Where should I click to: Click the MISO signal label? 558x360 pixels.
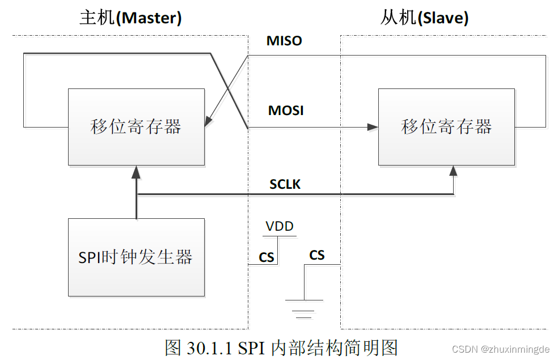[x=284, y=41]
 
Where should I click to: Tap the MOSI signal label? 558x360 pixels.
[x=286, y=111]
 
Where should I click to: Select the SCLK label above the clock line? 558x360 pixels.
[x=285, y=184]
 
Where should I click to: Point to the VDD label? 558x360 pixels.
[x=280, y=227]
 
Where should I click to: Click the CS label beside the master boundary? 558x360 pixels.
[x=267, y=257]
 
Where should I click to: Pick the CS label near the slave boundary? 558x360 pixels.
[x=317, y=255]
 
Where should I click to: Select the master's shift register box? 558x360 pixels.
[x=136, y=127]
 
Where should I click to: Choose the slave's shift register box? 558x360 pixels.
[x=446, y=127]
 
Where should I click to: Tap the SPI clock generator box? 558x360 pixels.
[x=136, y=257]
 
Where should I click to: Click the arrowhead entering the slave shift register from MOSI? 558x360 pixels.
[x=373, y=127]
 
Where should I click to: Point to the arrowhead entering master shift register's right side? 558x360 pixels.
[x=209, y=122]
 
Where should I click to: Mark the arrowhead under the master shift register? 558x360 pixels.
[x=136, y=171]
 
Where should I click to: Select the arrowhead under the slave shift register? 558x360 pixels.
[x=454, y=171]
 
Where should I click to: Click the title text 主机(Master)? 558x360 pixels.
[x=130, y=18]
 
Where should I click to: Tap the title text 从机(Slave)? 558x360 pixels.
[x=424, y=18]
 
